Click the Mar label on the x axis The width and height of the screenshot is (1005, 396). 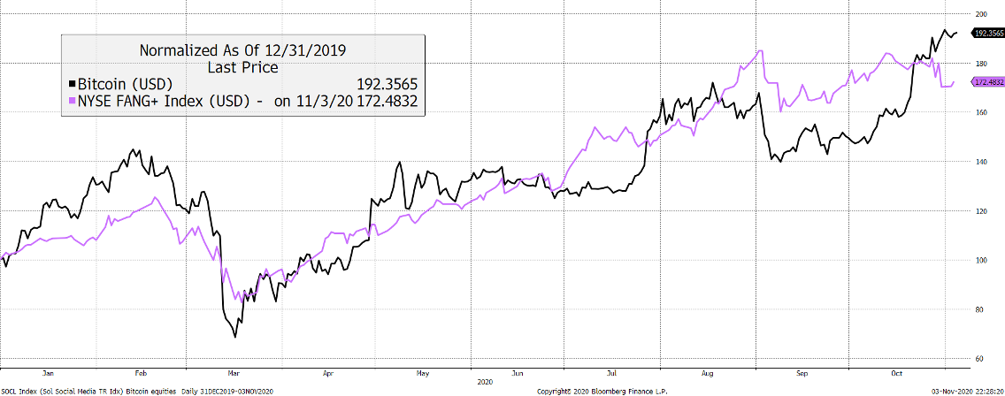point(234,373)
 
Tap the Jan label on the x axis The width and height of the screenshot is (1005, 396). point(49,373)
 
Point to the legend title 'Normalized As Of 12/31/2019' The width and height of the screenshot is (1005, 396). point(242,50)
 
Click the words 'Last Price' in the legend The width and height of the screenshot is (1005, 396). point(242,67)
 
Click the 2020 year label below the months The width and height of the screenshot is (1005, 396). point(484,382)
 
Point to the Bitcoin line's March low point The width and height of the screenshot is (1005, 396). point(235,337)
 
